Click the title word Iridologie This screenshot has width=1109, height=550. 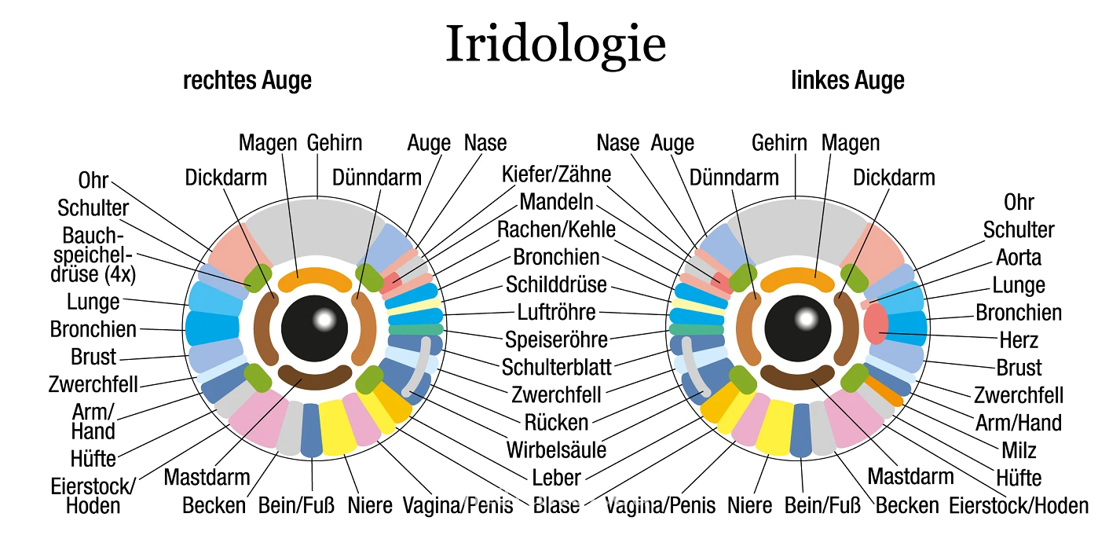555,45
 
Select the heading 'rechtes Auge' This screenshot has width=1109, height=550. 247,80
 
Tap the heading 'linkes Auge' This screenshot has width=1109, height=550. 847,80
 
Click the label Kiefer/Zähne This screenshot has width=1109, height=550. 557,174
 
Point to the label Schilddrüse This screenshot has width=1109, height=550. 556,284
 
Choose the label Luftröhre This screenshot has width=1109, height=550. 557,312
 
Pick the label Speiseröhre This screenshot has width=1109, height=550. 556,340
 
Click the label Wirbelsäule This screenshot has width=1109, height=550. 556,450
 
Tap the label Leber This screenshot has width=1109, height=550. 556,478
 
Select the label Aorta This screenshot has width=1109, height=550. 1019,258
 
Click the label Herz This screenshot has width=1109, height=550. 1019,340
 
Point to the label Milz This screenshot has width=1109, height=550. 1019,450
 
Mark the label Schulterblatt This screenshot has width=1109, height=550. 557,368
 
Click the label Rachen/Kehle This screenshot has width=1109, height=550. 557,229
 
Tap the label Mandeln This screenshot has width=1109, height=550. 556,202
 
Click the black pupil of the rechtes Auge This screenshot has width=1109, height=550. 315,328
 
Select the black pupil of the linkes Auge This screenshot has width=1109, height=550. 798,328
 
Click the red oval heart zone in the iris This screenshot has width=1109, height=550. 875,324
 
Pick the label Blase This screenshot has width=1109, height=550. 556,505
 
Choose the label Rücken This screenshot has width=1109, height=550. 556,423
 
